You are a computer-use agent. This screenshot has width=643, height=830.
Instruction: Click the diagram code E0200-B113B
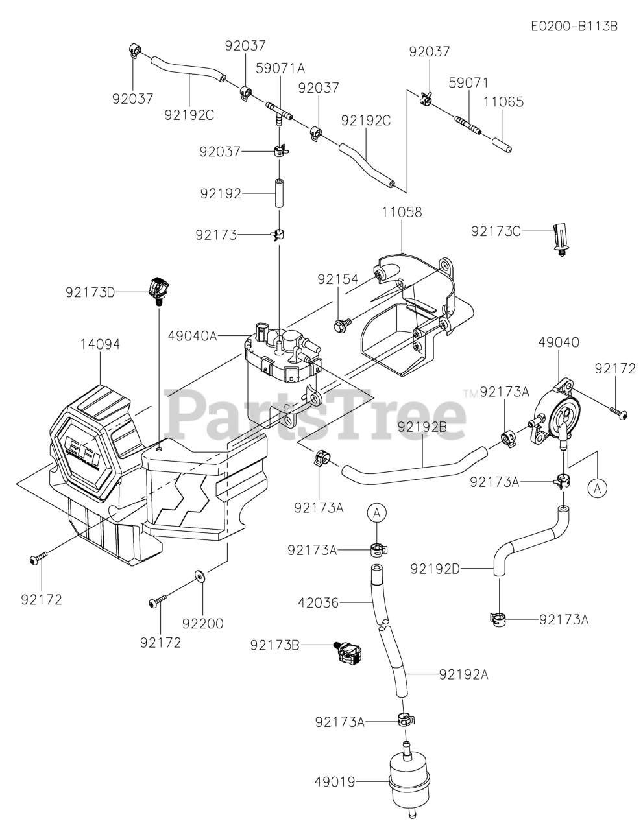click(x=574, y=26)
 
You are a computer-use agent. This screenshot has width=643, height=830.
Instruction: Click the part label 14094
click(x=100, y=344)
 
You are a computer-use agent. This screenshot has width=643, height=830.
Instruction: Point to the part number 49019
click(x=335, y=783)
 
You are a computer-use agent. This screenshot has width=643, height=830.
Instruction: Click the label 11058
click(x=402, y=212)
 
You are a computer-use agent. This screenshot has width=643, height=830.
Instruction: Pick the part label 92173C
click(x=496, y=230)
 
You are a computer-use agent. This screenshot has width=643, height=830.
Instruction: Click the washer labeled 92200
click(x=199, y=576)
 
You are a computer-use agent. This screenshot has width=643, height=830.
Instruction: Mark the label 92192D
click(x=435, y=569)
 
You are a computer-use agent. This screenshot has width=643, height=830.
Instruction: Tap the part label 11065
click(x=503, y=102)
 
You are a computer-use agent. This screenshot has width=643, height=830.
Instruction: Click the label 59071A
click(x=280, y=68)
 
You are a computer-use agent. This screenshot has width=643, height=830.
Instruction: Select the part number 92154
click(x=337, y=279)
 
